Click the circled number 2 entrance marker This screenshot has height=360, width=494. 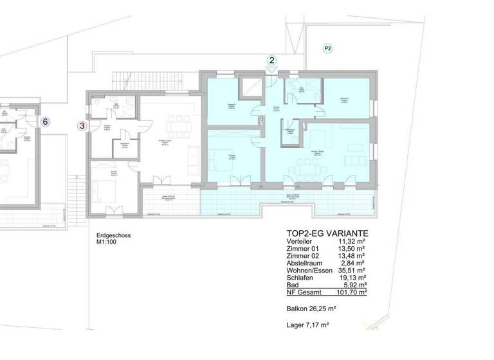point(272,60)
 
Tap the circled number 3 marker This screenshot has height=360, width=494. point(82,126)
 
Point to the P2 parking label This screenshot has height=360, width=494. point(327,48)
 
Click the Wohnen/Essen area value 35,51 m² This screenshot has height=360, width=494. point(352,270)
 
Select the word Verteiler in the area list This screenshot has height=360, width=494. point(302,242)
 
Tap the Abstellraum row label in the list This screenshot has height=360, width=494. point(307,263)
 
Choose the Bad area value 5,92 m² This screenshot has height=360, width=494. point(354,284)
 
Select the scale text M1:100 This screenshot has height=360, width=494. point(100,243)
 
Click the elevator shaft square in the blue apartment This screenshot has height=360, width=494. point(248,88)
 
